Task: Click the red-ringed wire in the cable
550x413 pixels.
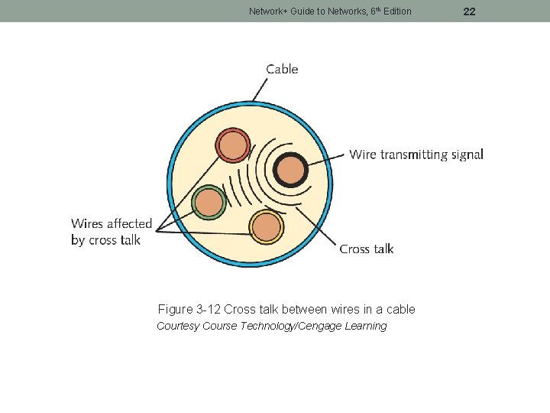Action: point(232,145)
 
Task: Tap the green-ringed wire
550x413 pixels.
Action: point(209,203)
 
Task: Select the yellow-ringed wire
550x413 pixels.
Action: point(267,227)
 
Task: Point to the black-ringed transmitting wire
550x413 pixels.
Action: point(290,170)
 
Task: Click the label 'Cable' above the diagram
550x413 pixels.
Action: point(282,70)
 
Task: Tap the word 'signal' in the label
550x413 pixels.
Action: point(467,154)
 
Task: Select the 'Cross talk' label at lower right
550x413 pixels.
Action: point(367,249)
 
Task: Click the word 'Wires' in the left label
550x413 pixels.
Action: point(87,224)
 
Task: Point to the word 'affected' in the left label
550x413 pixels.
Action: point(130,224)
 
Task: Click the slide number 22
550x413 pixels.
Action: point(470,11)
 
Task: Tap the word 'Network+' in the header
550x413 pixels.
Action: point(267,11)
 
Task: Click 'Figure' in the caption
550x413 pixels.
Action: point(175,310)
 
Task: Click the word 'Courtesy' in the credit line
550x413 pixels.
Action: point(178,327)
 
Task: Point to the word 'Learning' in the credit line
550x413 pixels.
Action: point(366,327)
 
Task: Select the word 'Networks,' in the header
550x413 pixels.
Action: point(333,11)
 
